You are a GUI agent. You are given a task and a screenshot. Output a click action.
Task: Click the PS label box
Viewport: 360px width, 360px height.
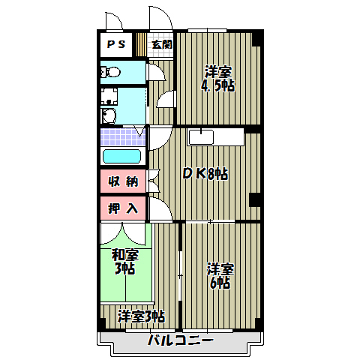pyautogui.click(x=115, y=44)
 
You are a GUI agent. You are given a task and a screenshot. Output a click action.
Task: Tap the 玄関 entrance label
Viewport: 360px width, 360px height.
pyautogui.click(x=162, y=44)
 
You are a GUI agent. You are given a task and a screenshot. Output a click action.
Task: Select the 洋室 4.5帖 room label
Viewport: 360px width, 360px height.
pyautogui.click(x=217, y=79)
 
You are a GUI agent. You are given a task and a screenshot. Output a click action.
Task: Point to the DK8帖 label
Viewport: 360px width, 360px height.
pyautogui.click(x=205, y=174)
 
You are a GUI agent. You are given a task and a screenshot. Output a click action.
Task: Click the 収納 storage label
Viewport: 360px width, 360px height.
pyautogui.click(x=122, y=181)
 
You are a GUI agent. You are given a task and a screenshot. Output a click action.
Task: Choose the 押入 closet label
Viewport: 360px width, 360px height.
pyautogui.click(x=122, y=208)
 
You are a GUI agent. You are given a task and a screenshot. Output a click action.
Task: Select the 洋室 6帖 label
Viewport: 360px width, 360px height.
pyautogui.click(x=219, y=275)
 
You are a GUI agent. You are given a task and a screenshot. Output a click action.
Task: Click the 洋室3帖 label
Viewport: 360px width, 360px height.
pyautogui.click(x=140, y=316)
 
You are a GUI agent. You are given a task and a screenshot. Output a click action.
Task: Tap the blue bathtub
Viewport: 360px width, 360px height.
pyautogui.click(x=121, y=156)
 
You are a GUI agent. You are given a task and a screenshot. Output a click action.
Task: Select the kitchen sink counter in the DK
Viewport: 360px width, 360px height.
pyautogui.click(x=216, y=137)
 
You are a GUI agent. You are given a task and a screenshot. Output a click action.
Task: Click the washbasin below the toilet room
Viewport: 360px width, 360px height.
pyautogui.click(x=109, y=115)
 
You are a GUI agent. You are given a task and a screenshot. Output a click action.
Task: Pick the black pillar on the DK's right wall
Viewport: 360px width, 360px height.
pyautogui.click(x=254, y=199)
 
